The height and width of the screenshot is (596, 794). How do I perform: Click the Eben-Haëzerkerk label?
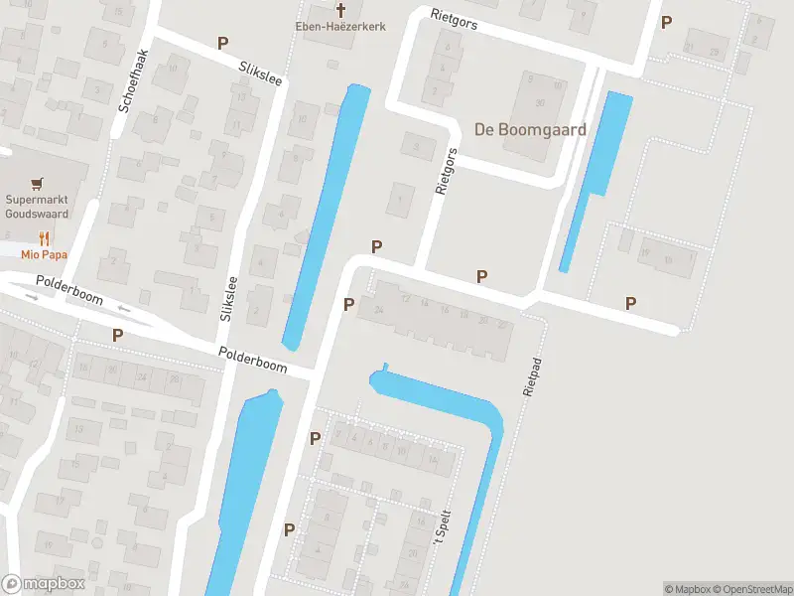tap(340, 27)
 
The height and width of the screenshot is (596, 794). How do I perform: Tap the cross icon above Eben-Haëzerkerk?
tap(340, 10)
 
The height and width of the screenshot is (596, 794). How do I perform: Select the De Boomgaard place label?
tap(530, 129)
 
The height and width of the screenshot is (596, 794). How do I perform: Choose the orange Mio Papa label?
tap(44, 253)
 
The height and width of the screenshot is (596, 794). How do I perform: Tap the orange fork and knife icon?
tap(44, 238)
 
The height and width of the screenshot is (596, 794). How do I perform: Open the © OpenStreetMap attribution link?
tap(751, 589)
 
